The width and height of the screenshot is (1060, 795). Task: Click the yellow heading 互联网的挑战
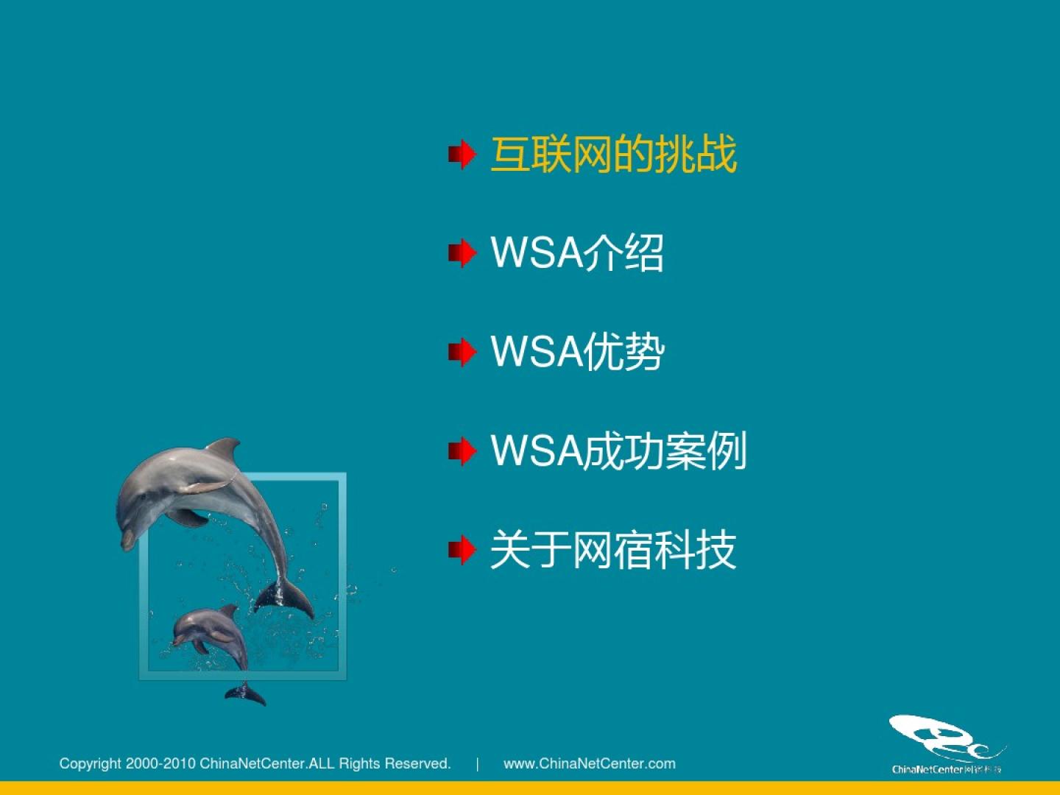[x=614, y=154]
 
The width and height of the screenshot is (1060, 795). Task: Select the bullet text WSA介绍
[x=577, y=252]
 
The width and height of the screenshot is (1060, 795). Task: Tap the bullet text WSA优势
[x=578, y=352]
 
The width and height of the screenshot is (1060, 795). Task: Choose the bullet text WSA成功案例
[x=618, y=451]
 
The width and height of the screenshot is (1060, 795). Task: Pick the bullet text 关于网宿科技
[x=613, y=550]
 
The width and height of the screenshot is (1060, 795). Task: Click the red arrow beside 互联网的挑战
[x=462, y=155]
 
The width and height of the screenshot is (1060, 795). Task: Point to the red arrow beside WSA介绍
[x=462, y=253]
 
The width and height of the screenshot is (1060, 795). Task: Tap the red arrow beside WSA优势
[x=462, y=353]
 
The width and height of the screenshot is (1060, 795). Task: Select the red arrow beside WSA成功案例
[x=462, y=451]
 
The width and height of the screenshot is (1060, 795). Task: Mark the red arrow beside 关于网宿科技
[x=462, y=550]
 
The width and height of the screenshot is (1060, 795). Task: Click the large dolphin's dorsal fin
[x=225, y=449]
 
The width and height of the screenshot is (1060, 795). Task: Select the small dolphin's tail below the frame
[x=245, y=693]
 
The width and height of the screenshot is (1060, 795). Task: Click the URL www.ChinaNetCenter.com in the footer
[x=589, y=763]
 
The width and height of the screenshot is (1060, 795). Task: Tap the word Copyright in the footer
[x=90, y=764]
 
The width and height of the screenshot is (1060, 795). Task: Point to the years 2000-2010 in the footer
[x=160, y=763]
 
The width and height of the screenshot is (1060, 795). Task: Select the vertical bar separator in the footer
[x=478, y=764]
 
